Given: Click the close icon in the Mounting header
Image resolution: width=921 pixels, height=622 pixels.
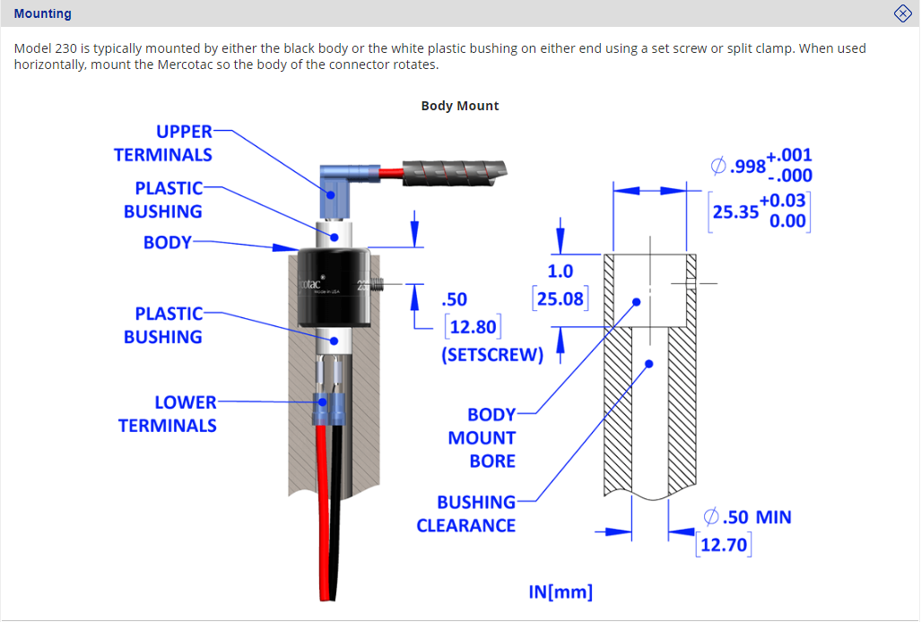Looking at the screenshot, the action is coord(902,13).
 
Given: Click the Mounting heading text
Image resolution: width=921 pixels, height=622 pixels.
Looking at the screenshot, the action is coord(43,13).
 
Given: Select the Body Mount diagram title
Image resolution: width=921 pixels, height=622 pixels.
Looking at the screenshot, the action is coord(460,106).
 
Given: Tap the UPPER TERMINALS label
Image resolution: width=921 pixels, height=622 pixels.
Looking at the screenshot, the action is coord(163,143).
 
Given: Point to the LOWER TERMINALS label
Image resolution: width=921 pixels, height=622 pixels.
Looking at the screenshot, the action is coord(168,414).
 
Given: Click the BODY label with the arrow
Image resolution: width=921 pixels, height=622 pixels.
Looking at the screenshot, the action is coord(168,242).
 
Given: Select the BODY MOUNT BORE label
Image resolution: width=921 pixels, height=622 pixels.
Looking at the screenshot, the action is coord(482,437).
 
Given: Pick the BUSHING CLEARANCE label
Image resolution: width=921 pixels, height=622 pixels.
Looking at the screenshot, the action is coord(466,514).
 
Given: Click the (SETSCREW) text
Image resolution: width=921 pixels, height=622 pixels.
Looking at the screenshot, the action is coord(492,354).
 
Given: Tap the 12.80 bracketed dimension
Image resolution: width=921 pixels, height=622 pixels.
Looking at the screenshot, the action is coord(473,327).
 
